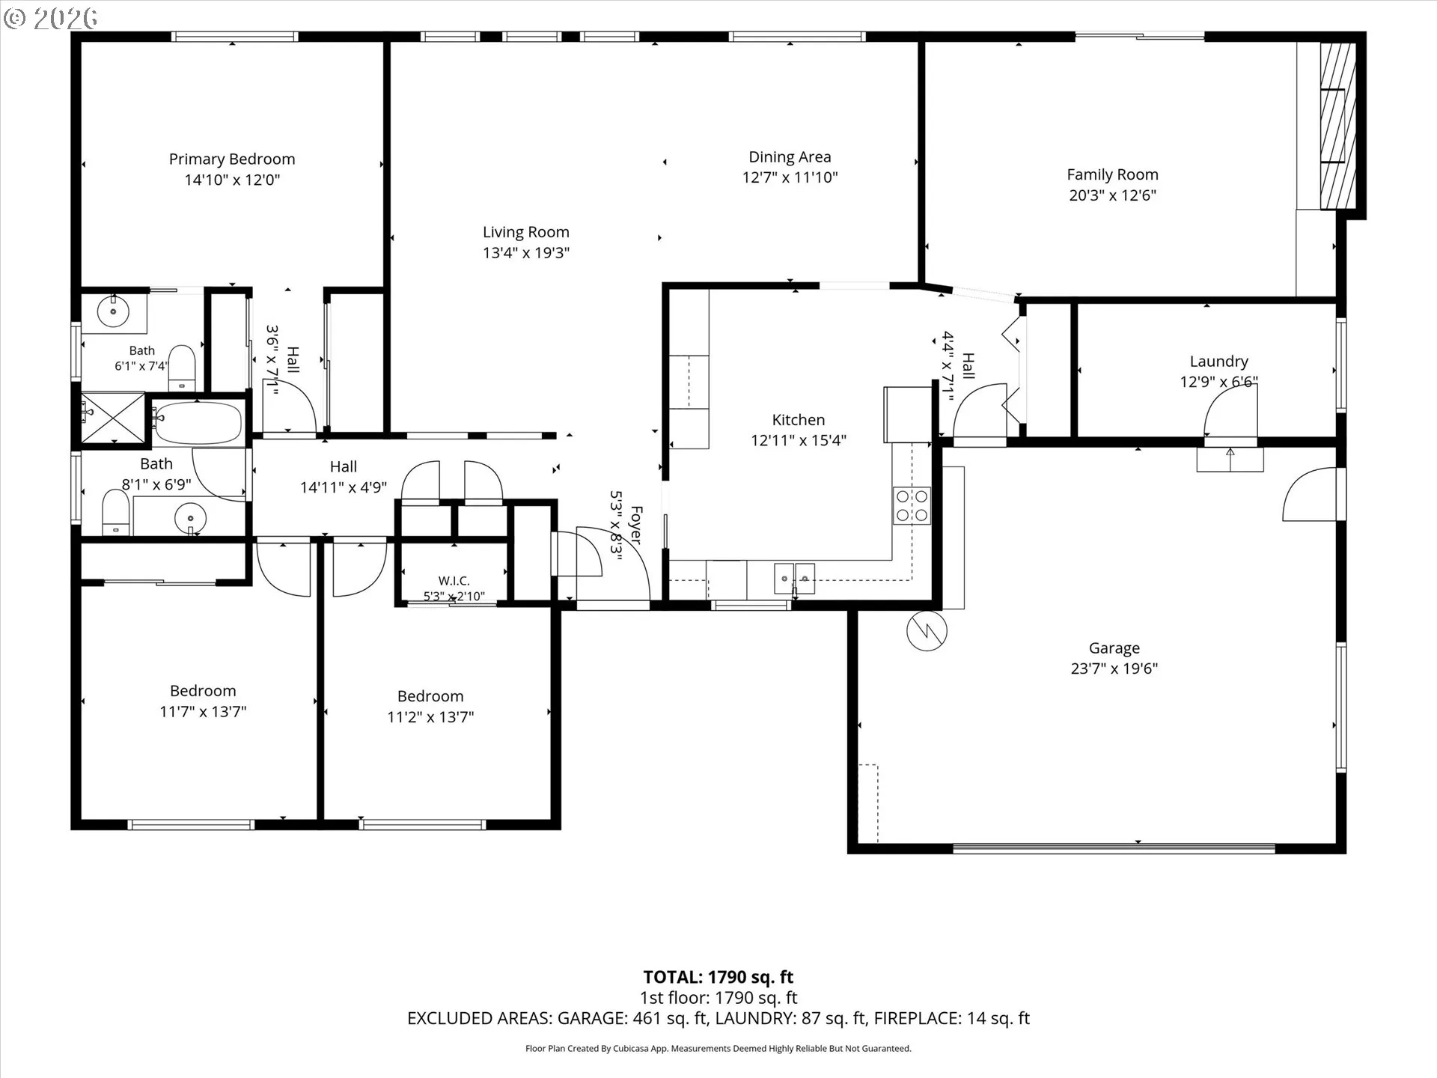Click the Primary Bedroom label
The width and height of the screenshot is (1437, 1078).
[232, 159]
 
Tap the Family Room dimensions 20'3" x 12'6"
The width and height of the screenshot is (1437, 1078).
[1113, 195]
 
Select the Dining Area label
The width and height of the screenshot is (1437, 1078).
[790, 157]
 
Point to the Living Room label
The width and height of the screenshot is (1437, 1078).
[525, 232]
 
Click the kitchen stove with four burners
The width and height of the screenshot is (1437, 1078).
[912, 505]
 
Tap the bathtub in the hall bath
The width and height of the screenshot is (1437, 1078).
[198, 423]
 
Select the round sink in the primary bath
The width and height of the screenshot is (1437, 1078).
[114, 311]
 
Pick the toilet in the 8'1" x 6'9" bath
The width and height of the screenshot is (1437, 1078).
[116, 512]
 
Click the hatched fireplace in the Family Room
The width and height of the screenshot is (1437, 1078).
[1337, 125]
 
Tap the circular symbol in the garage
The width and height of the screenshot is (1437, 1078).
[927, 630]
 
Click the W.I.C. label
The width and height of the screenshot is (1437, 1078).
[454, 581]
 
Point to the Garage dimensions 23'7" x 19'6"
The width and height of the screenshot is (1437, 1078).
[1114, 669]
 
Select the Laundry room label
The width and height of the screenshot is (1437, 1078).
[1219, 362]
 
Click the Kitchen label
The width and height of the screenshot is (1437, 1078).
[799, 420]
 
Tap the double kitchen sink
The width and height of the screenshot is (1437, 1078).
[794, 578]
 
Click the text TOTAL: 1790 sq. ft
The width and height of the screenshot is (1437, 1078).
[718, 977]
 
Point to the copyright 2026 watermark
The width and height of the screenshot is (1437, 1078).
[51, 18]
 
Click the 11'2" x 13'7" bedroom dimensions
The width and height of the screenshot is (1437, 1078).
[430, 717]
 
